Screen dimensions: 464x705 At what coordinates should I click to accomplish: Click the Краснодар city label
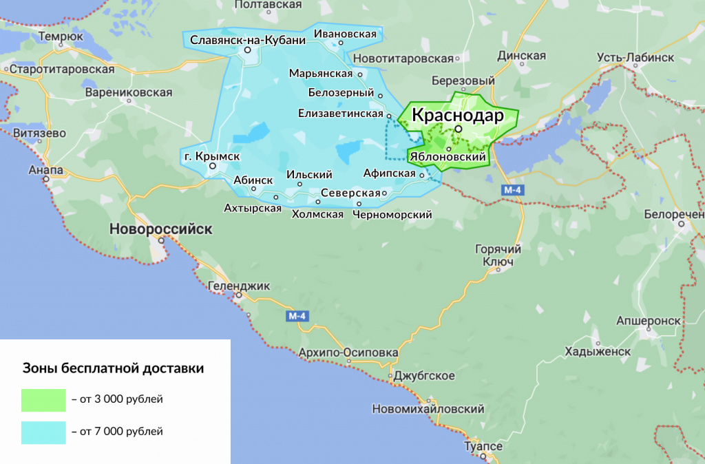(x=457, y=115)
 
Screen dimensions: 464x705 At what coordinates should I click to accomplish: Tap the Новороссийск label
(x=162, y=229)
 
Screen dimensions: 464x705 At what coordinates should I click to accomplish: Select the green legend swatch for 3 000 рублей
(x=43, y=399)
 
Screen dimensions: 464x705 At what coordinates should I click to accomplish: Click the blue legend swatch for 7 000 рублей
(x=43, y=432)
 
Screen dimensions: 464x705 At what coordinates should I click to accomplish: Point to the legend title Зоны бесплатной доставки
(x=114, y=368)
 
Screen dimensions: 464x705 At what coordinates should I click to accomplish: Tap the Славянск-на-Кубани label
(x=248, y=40)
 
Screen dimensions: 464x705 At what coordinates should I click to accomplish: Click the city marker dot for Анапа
(x=47, y=179)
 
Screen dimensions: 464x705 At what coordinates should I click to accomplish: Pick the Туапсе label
(x=483, y=447)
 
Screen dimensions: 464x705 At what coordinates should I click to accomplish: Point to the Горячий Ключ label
(x=498, y=255)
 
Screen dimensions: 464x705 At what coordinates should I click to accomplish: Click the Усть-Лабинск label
(x=635, y=57)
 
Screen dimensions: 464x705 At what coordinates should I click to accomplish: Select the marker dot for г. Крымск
(x=213, y=166)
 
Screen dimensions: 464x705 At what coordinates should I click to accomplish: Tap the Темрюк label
(x=61, y=36)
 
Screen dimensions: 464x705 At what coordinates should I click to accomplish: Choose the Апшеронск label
(x=649, y=321)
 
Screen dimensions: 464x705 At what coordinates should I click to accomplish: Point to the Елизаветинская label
(x=341, y=113)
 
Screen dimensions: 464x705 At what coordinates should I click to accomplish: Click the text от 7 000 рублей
(x=117, y=432)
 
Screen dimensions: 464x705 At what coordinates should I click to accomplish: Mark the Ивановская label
(x=346, y=33)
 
